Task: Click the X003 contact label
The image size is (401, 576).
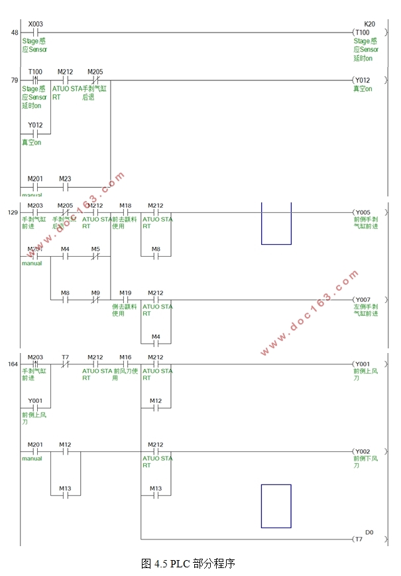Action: pyautogui.click(x=36, y=23)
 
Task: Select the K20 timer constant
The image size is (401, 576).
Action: pyautogui.click(x=369, y=23)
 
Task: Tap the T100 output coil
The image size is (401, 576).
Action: pyautogui.click(x=364, y=32)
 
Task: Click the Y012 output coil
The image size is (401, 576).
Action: pyautogui.click(x=364, y=80)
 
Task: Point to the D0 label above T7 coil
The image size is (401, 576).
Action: pyautogui.click(x=369, y=532)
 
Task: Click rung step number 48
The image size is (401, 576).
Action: pyautogui.click(x=15, y=33)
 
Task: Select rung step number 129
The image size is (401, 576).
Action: pyautogui.click(x=13, y=213)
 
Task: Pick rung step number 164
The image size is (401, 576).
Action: pyautogui.click(x=13, y=364)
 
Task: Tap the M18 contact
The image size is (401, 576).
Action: pyautogui.click(x=125, y=213)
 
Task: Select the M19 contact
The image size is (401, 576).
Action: pyautogui.click(x=125, y=300)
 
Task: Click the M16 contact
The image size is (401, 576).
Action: pyautogui.click(x=125, y=364)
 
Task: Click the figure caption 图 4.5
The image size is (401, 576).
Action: pyautogui.click(x=188, y=563)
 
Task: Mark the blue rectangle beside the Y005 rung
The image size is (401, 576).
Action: pyautogui.click(x=276, y=224)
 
